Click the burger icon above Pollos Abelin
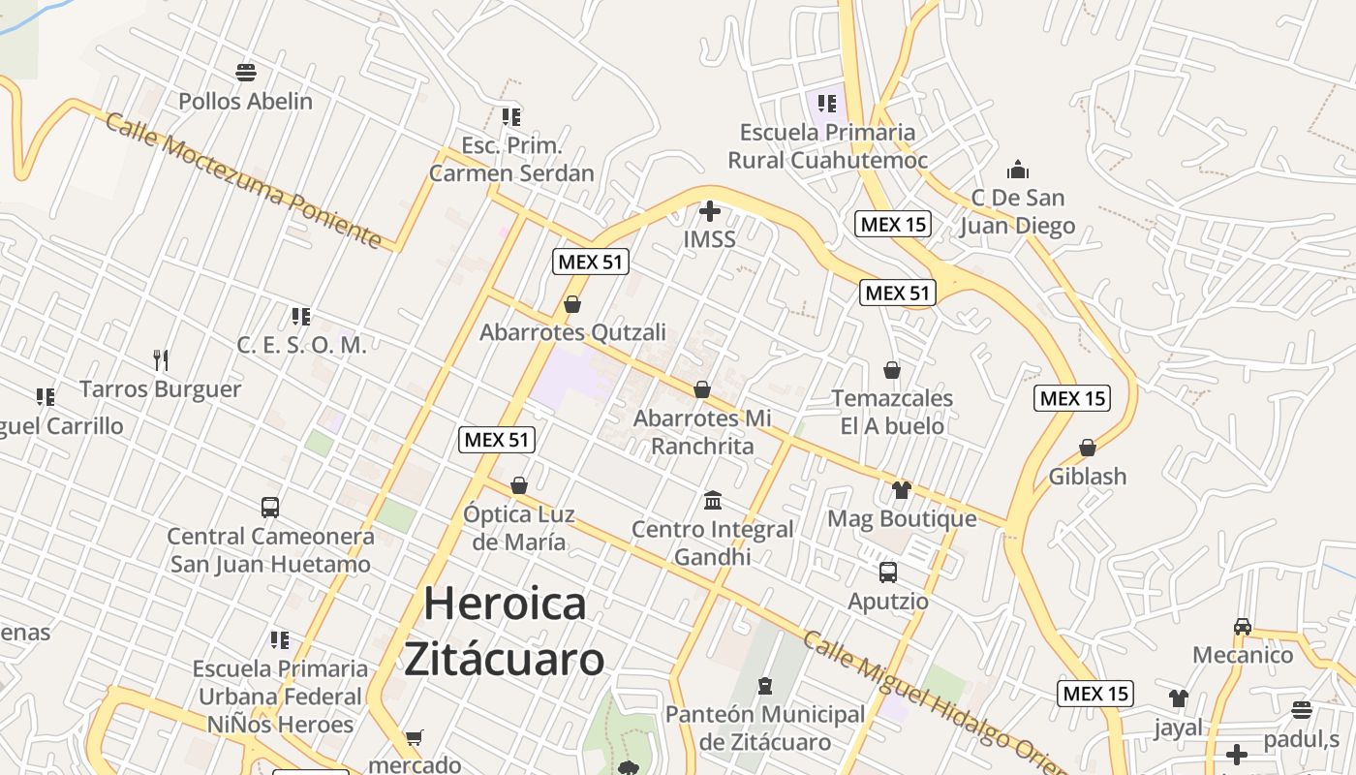tap(246, 72)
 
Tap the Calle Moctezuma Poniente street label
tap(243, 181)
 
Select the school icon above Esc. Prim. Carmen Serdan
tap(511, 117)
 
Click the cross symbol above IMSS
tap(710, 210)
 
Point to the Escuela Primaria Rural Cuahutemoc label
tap(827, 146)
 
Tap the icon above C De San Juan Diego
tap(1017, 170)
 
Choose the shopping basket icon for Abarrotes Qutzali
tap(572, 304)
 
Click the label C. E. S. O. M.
tap(301, 345)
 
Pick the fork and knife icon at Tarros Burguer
tap(161, 360)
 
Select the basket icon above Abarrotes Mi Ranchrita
tap(702, 389)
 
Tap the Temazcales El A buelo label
tap(892, 412)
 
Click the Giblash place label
tap(1088, 476)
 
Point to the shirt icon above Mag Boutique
tap(902, 489)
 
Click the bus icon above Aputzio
tap(888, 573)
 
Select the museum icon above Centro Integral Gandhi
tap(713, 500)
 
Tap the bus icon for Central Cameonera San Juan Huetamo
tap(270, 507)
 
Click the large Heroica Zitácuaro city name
tap(505, 631)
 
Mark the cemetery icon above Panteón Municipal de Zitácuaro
tap(765, 686)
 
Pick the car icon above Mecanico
tap(1243, 626)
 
